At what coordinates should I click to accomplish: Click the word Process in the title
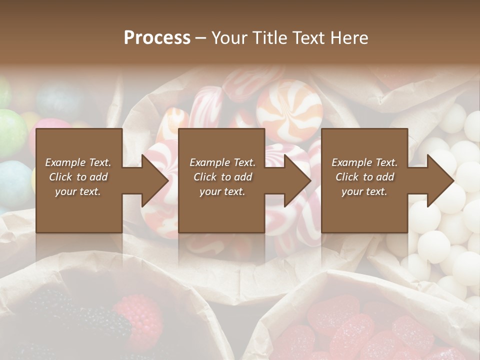pos(157,38)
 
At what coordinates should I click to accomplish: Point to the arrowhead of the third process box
pos(439,180)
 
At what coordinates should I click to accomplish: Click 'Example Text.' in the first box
pos(78,162)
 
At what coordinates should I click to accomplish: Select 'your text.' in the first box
pos(78,191)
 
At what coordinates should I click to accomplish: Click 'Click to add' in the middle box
pos(222,177)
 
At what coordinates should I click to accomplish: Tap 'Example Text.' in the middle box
pos(222,162)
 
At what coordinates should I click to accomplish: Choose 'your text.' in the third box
pos(364,191)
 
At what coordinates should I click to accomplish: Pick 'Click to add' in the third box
pos(364,177)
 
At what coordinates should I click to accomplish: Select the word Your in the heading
pos(228,38)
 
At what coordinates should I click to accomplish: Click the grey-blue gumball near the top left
pos(59,98)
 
